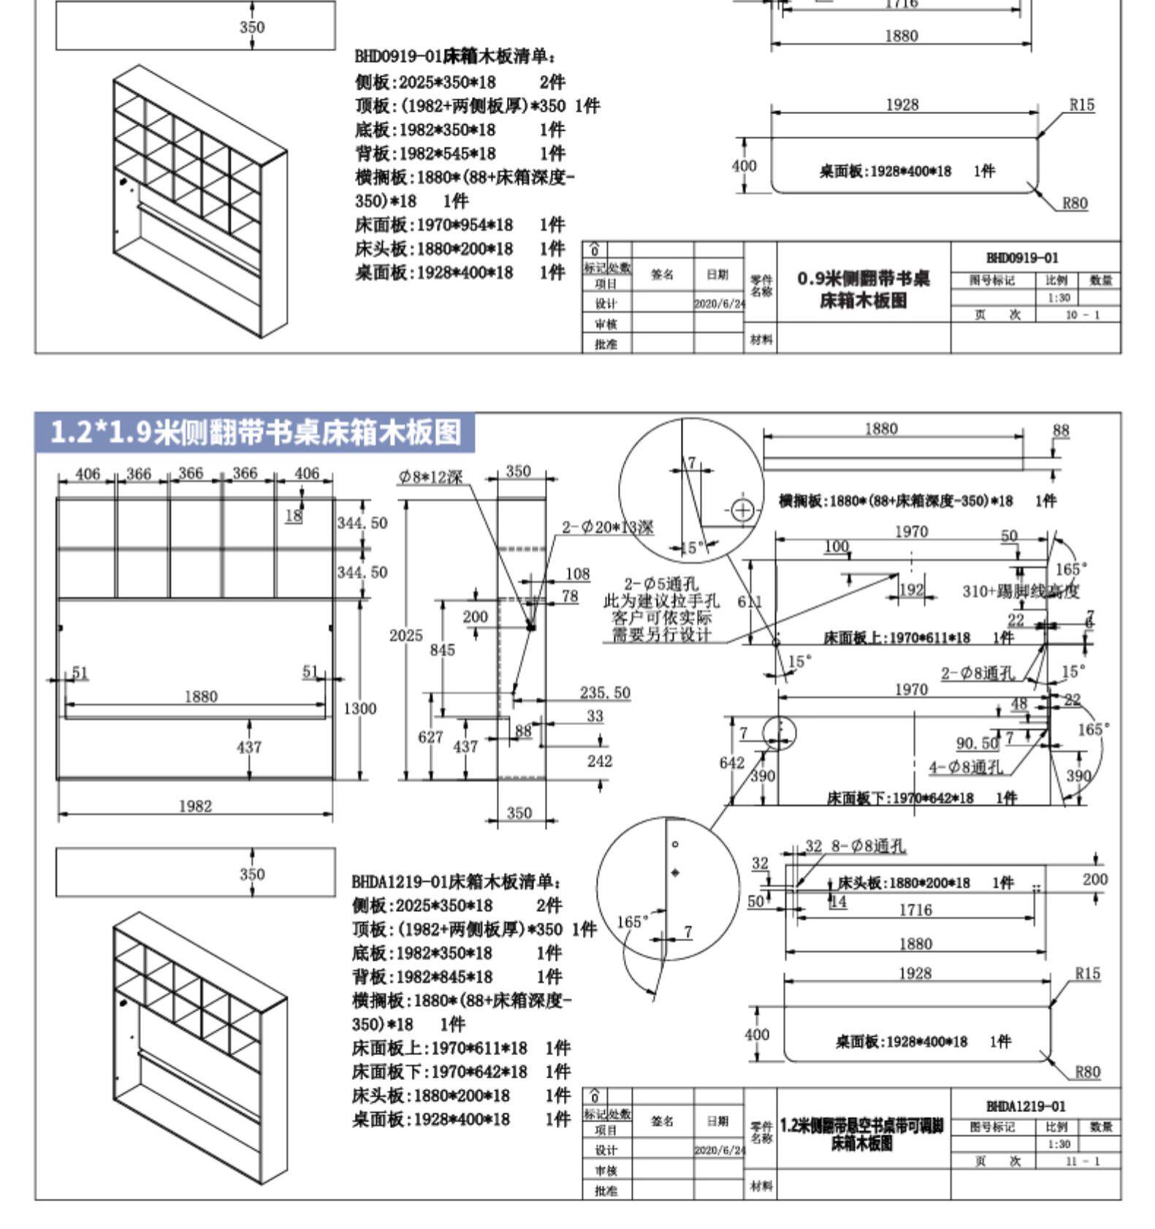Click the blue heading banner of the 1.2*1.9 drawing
click(x=256, y=433)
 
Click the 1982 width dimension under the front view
click(x=195, y=806)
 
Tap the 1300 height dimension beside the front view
click(x=359, y=708)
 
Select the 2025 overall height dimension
click(x=405, y=635)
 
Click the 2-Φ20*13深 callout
click(x=608, y=527)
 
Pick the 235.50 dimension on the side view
click(x=605, y=692)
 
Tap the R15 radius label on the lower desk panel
click(x=1087, y=973)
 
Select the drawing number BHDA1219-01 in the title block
click(x=1026, y=1106)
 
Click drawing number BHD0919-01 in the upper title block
click(x=1022, y=258)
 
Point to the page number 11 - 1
click(x=1081, y=1161)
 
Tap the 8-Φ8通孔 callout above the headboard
click(x=868, y=846)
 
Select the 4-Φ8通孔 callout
click(x=966, y=767)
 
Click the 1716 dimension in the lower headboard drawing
click(x=915, y=910)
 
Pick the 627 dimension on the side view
click(x=430, y=737)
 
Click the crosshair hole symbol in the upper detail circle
click(x=742, y=509)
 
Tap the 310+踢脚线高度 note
click(x=1021, y=590)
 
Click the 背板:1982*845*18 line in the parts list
click(x=422, y=977)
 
